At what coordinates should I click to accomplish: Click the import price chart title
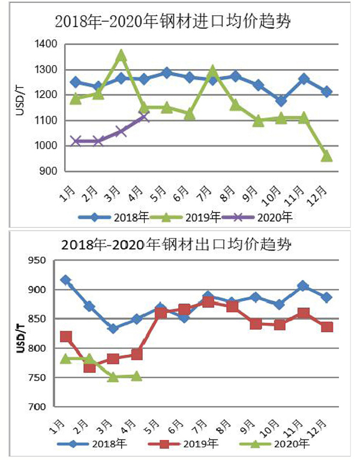coord(174,22)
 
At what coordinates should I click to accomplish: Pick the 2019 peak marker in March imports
coord(121,56)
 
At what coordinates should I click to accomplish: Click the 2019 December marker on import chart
coord(326,156)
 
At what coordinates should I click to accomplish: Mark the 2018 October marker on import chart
coord(281,100)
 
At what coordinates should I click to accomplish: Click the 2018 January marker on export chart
coord(65,280)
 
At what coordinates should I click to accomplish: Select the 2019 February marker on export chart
coord(89,366)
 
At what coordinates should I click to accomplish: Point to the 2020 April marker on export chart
coord(136,376)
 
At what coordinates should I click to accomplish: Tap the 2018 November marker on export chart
coord(304,286)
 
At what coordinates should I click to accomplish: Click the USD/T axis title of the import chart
coord(19,103)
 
